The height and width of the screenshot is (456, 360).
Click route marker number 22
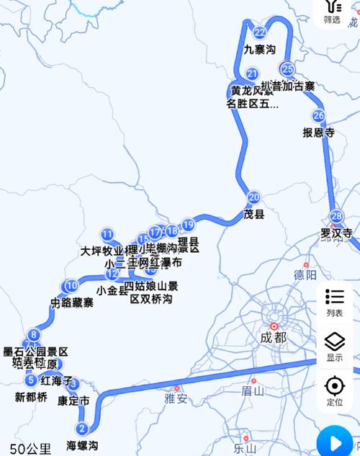tap(259, 32)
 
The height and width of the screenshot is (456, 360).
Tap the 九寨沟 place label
tap(259, 50)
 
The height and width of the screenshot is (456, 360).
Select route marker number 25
tap(288, 69)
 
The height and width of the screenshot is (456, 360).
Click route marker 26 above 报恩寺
tap(319, 115)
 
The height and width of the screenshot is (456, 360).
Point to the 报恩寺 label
tap(319, 133)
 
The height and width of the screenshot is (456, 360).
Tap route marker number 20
tap(253, 197)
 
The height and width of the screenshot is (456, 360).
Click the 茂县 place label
tap(254, 214)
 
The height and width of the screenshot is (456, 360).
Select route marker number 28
tap(336, 216)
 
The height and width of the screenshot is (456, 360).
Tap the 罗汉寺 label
tap(336, 233)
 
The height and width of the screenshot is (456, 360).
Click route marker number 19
tap(188, 224)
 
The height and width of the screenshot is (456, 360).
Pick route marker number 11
tap(107, 233)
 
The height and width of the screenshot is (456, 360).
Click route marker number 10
tap(71, 285)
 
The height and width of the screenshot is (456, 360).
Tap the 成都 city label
tap(273, 336)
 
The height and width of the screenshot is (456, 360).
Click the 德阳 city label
tap(305, 274)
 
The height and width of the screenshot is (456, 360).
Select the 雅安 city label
tap(176, 398)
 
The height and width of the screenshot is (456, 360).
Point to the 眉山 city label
tap(253, 391)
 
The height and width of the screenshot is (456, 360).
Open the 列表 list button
tap(335, 303)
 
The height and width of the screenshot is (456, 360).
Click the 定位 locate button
tap(335, 391)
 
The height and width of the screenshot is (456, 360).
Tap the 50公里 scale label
tap(25, 449)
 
